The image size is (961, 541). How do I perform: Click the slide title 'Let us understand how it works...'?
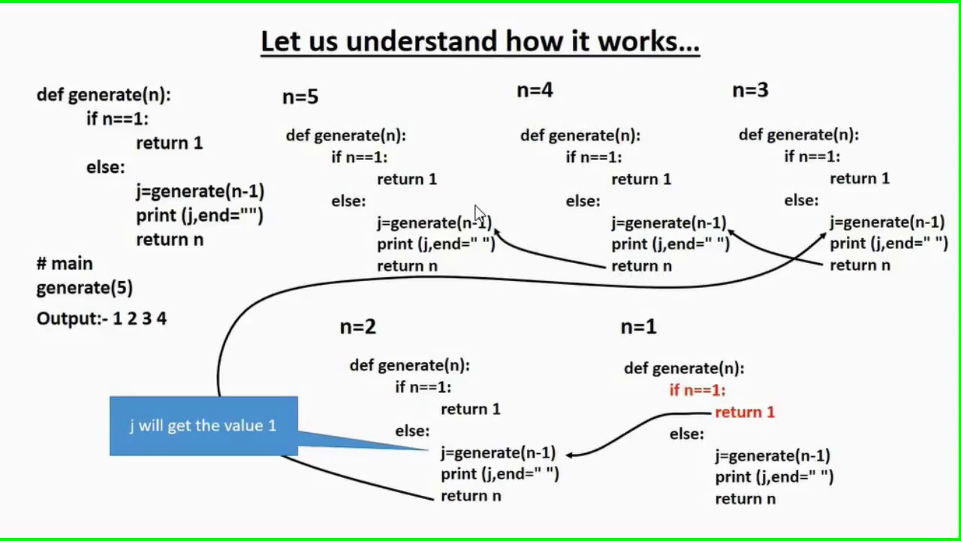click(480, 41)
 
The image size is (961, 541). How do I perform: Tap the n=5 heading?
click(300, 97)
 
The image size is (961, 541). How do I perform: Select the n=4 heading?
click(535, 91)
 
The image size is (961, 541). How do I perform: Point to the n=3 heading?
click(750, 91)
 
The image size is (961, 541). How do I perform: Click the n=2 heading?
click(357, 327)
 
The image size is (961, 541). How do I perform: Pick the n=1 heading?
click(638, 327)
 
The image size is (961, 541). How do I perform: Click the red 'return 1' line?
click(744, 413)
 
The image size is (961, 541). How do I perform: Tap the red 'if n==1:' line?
click(697, 390)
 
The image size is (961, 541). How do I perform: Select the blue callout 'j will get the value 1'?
click(203, 426)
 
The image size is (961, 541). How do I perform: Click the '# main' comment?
click(65, 264)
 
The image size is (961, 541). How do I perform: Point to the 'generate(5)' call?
click(84, 288)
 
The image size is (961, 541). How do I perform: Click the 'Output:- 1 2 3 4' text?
click(101, 319)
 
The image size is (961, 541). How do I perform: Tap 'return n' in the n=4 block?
click(641, 266)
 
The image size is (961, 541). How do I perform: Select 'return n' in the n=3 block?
click(860, 265)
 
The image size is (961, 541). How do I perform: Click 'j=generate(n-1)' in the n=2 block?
click(498, 453)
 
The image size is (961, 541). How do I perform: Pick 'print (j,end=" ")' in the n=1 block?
click(774, 477)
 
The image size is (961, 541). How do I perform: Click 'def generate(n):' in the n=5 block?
click(345, 136)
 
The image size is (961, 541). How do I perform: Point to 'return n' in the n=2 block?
click(471, 496)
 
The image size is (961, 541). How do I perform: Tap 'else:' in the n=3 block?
click(801, 201)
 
